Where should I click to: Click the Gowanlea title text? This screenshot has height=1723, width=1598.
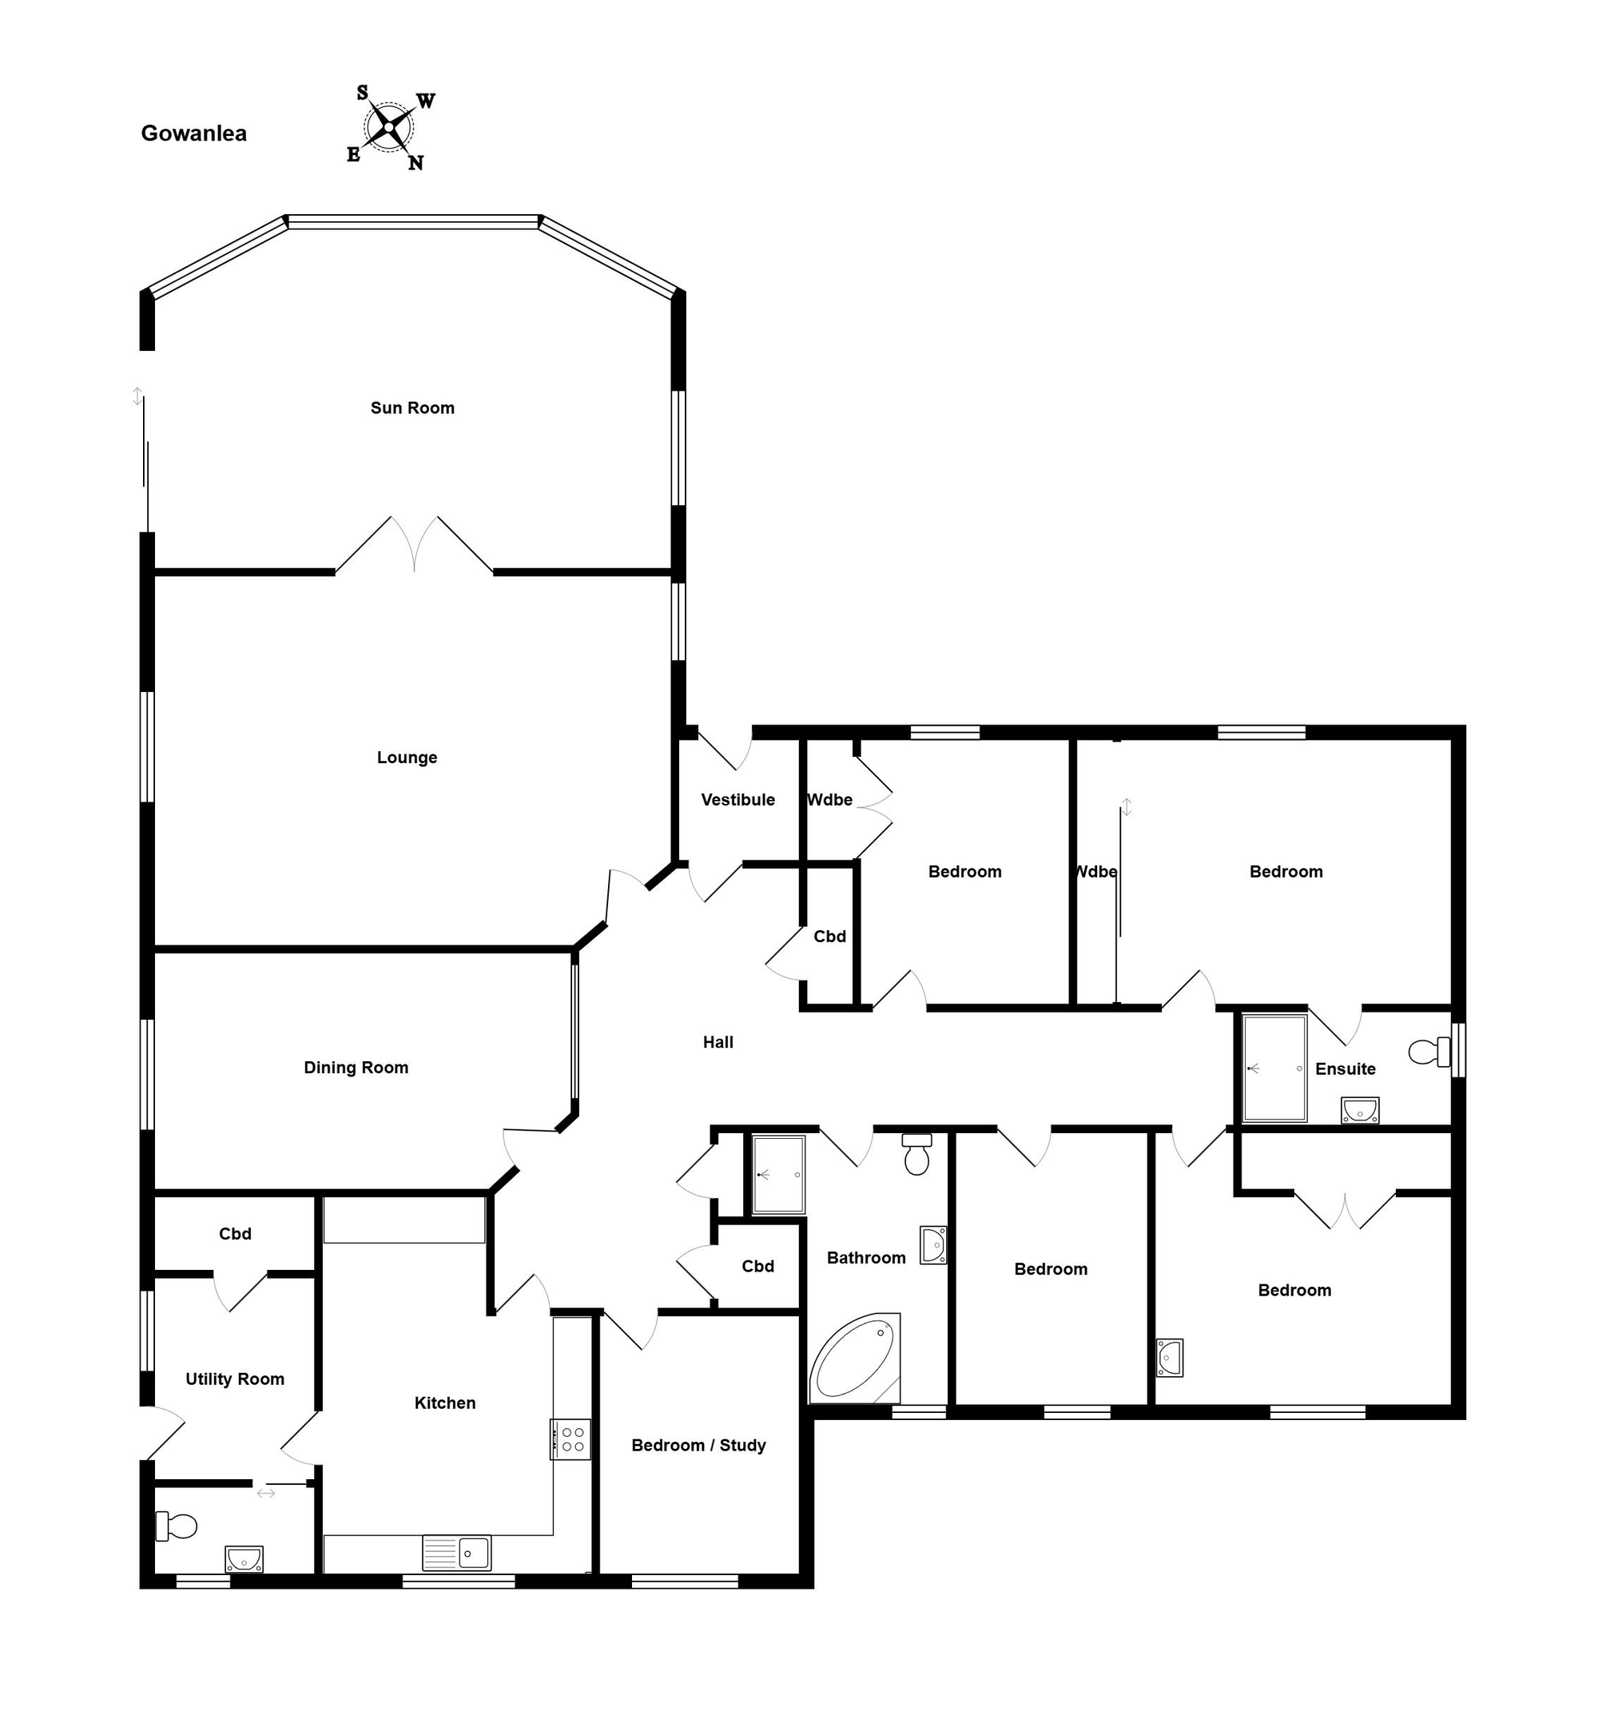tap(193, 133)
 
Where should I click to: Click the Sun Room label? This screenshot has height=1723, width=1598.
tap(412, 408)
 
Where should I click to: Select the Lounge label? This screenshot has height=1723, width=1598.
tap(407, 758)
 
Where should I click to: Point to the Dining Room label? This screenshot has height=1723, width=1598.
tap(356, 1068)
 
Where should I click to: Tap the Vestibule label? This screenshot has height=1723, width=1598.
tap(737, 800)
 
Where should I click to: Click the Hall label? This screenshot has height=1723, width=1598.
tap(718, 1042)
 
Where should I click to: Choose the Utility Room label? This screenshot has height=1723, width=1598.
tap(235, 1379)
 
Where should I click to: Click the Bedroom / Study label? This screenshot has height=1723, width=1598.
tap(698, 1446)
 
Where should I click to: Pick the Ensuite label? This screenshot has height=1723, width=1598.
tap(1346, 1069)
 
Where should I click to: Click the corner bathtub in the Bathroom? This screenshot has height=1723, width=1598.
tap(855, 1357)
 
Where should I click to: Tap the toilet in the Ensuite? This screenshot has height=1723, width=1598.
tap(1429, 1052)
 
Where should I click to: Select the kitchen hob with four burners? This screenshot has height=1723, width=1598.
tap(570, 1439)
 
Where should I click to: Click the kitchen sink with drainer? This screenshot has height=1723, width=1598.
tap(456, 1553)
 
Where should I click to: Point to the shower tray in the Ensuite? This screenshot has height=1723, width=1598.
tap(1274, 1068)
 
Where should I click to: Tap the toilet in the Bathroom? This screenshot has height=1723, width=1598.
tap(916, 1154)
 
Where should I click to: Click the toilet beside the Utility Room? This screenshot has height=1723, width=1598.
tap(177, 1526)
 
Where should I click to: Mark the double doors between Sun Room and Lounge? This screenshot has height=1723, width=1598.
tap(414, 545)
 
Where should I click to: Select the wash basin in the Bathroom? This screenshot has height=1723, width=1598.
tap(933, 1246)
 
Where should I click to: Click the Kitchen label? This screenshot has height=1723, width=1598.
tap(445, 1403)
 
